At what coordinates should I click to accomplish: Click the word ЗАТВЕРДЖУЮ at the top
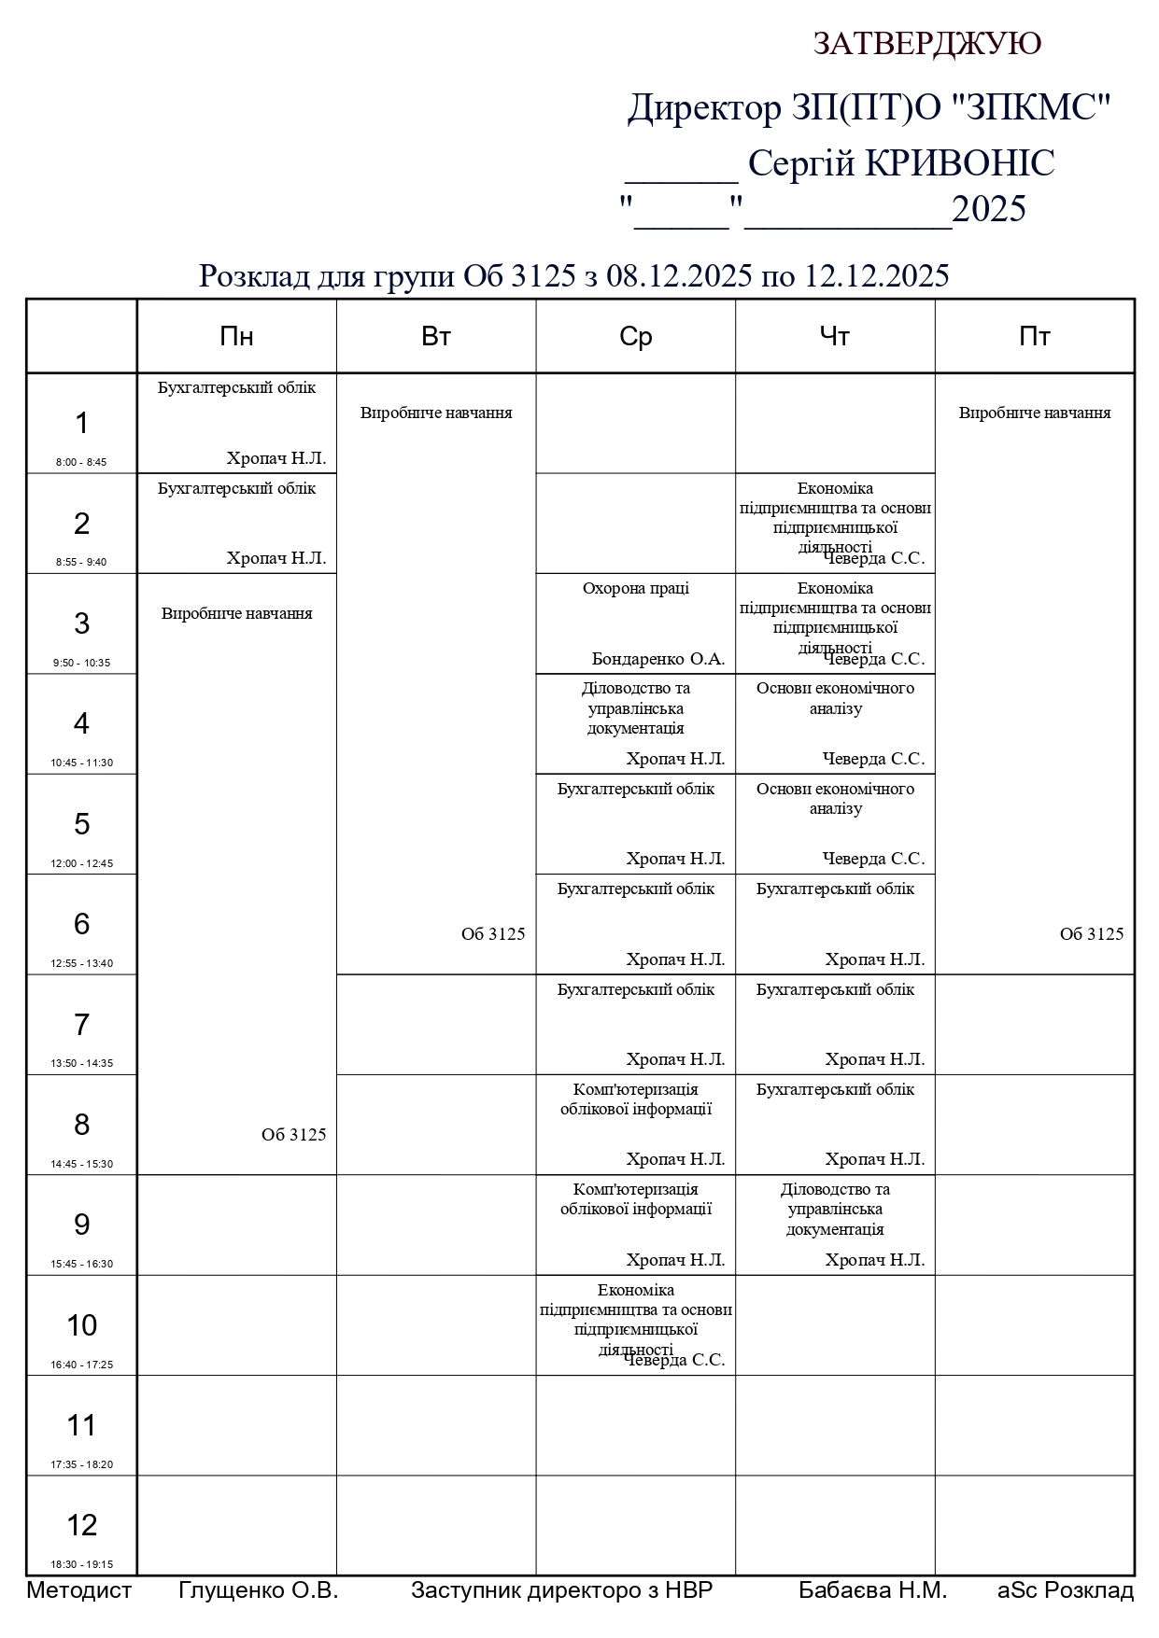pos(926,44)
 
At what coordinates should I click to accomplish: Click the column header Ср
pos(635,337)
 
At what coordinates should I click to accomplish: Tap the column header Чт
pos(835,337)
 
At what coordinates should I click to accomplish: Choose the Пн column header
pos(236,337)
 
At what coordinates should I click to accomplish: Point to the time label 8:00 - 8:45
pos(81,462)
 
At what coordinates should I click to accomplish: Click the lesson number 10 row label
pos(81,1324)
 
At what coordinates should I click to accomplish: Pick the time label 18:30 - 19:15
pos(81,1564)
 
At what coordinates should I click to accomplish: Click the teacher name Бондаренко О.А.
pos(658,659)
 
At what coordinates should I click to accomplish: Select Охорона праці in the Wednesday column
pos(635,588)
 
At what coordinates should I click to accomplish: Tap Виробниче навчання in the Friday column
pos(1035,413)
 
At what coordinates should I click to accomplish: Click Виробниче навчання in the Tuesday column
pos(436,413)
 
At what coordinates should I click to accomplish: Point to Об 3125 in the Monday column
pos(293,1135)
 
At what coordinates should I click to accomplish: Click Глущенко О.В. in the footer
pos(258,1590)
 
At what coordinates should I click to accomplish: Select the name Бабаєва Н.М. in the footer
pos(872,1590)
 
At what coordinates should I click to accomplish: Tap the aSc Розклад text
pos(1066,1590)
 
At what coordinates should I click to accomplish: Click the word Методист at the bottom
pos(79,1590)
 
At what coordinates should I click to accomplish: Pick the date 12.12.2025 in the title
pos(877,276)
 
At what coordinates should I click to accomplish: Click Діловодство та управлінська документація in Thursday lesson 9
pos(835,1210)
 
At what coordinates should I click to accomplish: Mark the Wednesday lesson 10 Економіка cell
pos(635,1320)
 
